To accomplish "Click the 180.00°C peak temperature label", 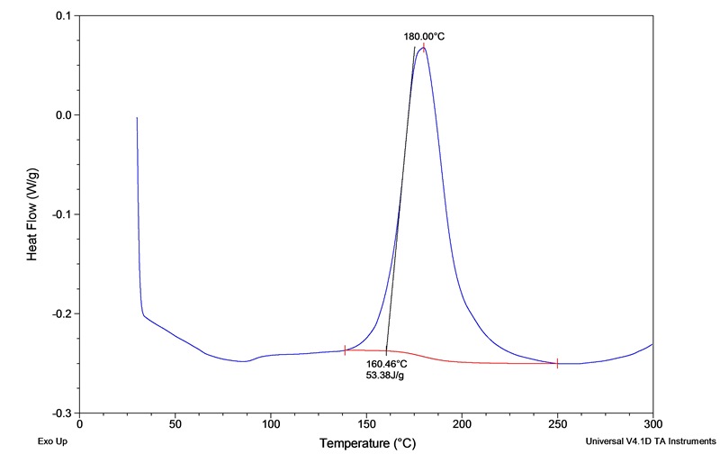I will coord(424,37).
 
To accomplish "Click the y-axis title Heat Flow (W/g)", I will coord(32,214).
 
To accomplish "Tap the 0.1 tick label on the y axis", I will coord(63,16).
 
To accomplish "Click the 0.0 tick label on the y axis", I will coord(63,115).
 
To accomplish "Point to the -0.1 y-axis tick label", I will coord(61,214).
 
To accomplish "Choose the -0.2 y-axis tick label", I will coord(61,313).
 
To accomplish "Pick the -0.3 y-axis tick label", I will coord(61,413).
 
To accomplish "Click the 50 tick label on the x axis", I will coord(175,423).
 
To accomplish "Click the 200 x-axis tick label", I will coord(462,423).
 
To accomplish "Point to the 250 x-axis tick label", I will coord(557,423).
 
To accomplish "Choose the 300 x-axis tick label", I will coord(652,423).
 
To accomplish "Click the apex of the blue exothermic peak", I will coord(423,47).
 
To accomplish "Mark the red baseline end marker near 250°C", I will coord(557,363).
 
